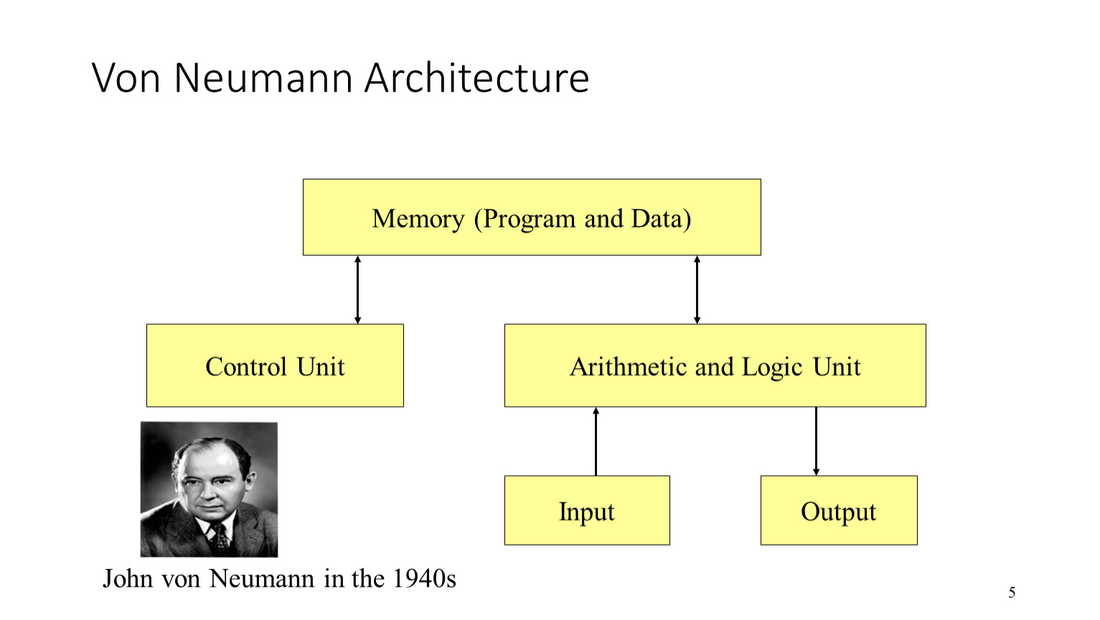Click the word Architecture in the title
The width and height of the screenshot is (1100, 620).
(x=476, y=77)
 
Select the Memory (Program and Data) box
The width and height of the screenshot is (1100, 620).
(x=532, y=217)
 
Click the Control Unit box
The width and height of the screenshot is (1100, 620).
(x=275, y=365)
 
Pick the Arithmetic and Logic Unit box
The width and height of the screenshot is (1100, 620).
(x=715, y=365)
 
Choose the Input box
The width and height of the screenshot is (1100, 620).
(x=587, y=510)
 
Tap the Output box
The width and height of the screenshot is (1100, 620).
(x=838, y=510)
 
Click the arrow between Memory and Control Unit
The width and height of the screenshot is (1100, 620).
(x=357, y=290)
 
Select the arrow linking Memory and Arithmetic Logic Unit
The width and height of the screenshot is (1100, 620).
(x=697, y=290)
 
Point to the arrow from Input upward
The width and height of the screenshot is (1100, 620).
(x=596, y=441)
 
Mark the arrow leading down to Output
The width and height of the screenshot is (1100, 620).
(x=816, y=441)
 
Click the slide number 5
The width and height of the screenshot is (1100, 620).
(x=1012, y=593)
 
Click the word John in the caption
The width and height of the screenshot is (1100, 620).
(x=126, y=578)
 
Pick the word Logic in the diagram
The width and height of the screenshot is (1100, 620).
(x=771, y=367)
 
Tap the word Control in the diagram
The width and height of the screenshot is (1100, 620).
(x=246, y=367)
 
